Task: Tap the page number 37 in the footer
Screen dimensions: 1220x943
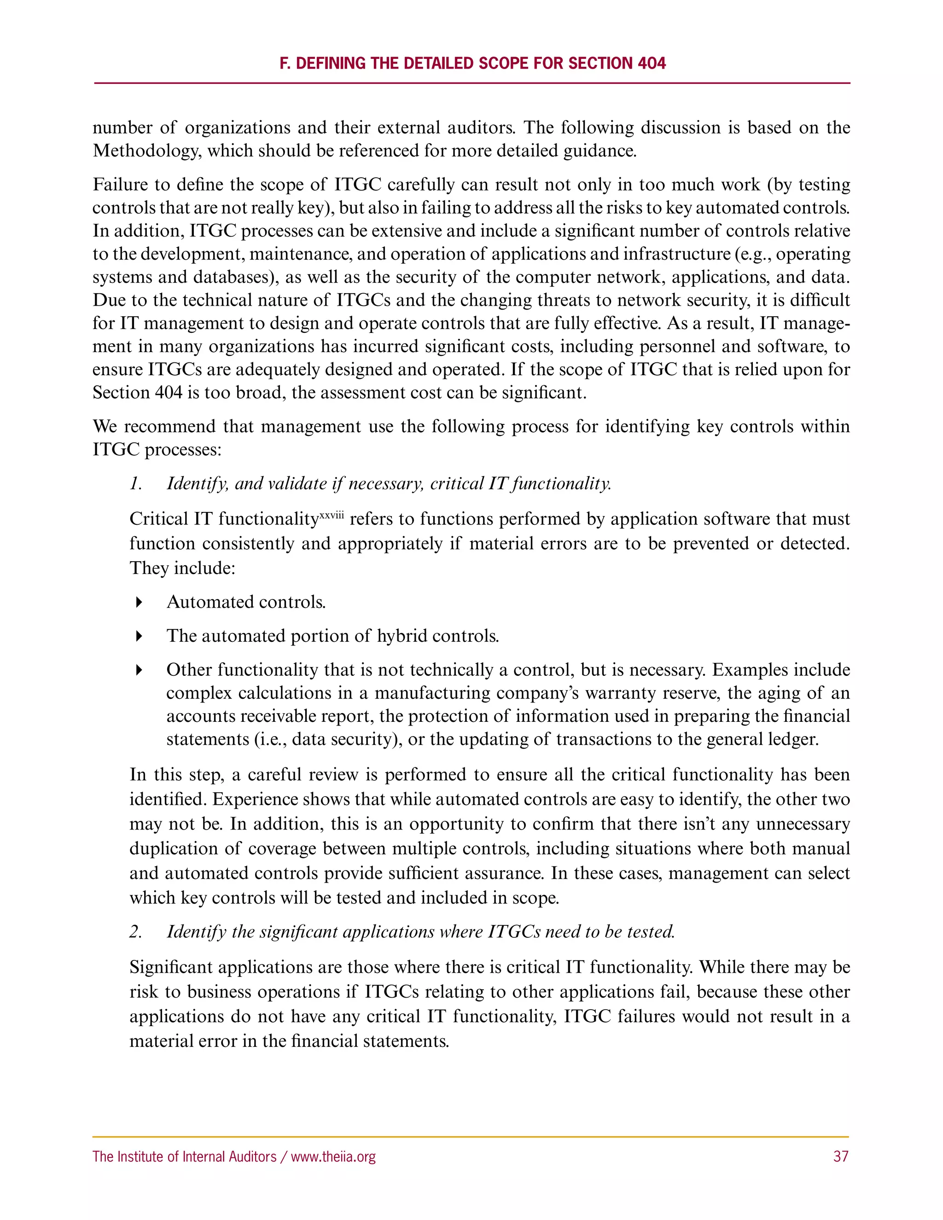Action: [x=841, y=1156]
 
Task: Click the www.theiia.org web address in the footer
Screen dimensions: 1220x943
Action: [x=333, y=1156]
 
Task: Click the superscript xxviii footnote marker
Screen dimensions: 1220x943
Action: [x=332, y=515]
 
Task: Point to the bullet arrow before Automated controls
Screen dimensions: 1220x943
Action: [x=139, y=602]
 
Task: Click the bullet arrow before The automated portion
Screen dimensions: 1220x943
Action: [x=139, y=636]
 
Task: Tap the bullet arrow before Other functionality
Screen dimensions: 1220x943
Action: [x=139, y=670]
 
